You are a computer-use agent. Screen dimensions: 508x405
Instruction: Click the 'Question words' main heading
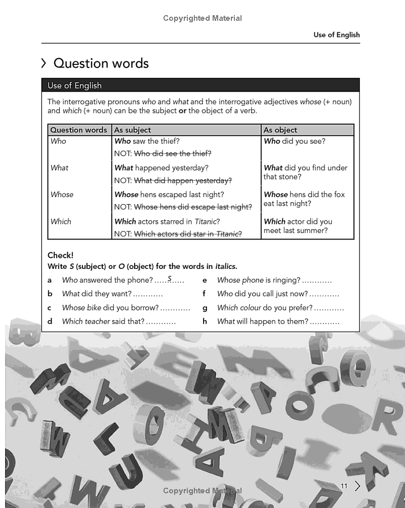(101, 63)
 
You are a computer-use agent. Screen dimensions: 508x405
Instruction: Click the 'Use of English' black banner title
(74, 86)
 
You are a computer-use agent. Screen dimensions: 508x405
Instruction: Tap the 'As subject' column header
(133, 130)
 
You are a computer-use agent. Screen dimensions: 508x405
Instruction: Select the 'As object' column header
(280, 130)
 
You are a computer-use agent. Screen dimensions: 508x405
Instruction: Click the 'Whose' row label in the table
(62, 194)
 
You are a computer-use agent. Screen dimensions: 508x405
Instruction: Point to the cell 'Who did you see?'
(295, 141)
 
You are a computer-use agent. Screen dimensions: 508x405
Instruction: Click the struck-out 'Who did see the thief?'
(172, 153)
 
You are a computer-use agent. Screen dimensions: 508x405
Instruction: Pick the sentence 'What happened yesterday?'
(161, 168)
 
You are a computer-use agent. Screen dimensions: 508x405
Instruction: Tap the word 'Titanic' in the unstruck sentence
(207, 221)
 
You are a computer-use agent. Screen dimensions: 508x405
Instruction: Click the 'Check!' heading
(60, 255)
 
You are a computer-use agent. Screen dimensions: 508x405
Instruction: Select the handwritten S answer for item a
(170, 279)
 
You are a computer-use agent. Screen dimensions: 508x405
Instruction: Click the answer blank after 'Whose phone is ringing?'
(317, 280)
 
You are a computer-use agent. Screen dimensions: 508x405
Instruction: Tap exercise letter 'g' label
(205, 307)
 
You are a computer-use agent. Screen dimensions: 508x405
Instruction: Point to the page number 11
(344, 486)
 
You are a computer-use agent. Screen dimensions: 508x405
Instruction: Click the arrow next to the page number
(357, 486)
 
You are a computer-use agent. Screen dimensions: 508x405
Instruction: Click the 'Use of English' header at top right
(336, 35)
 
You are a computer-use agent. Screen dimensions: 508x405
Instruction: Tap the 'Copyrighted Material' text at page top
(202, 18)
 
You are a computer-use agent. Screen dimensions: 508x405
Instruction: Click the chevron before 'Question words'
(44, 63)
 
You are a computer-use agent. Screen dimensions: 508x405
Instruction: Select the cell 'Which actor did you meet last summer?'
(298, 226)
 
